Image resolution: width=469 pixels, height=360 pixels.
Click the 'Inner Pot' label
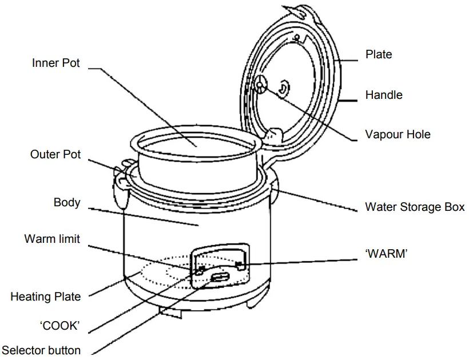[x=55, y=63]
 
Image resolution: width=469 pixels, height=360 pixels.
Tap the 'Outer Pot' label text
[x=55, y=154]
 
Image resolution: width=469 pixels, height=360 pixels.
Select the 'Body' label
[x=67, y=202]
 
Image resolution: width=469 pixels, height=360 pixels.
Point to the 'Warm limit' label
[x=52, y=239]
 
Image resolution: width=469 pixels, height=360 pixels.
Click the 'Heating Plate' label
[x=45, y=297]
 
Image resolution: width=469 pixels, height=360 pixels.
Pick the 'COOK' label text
[x=59, y=326]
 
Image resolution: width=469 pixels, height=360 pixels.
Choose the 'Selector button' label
[x=41, y=350]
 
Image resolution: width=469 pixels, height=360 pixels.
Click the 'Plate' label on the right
[x=379, y=54]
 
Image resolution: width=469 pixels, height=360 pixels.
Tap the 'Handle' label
[x=384, y=95]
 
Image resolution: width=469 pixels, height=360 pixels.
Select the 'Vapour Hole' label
[x=398, y=135]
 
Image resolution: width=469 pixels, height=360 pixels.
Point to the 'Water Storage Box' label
[x=415, y=207]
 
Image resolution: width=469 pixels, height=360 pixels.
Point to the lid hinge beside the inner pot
[x=273, y=135]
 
